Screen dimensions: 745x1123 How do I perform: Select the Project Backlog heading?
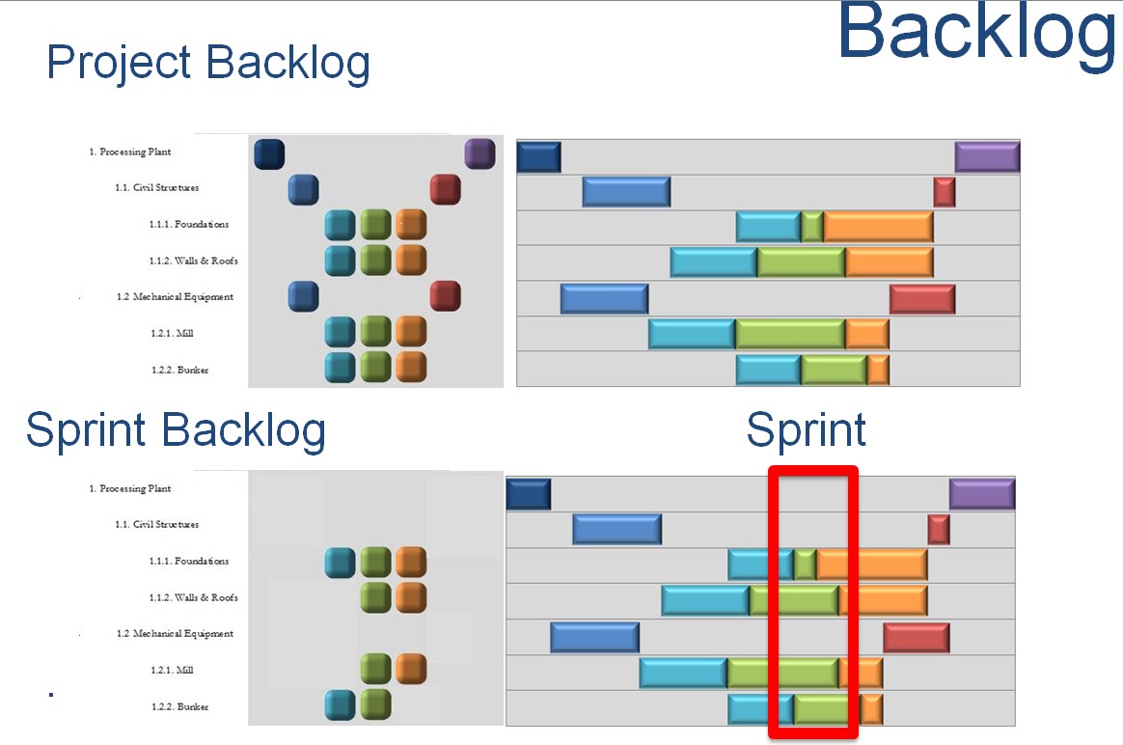click(x=208, y=64)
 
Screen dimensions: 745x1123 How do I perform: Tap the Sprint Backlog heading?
click(x=176, y=430)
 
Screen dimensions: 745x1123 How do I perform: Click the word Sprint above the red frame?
click(x=807, y=430)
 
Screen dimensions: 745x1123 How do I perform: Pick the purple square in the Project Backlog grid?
click(x=479, y=153)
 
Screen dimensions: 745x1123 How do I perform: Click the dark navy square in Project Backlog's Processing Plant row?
click(x=269, y=153)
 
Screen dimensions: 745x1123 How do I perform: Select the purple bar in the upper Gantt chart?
click(x=987, y=156)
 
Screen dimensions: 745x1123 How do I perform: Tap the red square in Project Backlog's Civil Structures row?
click(x=445, y=189)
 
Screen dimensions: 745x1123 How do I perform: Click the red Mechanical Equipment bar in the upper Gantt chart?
click(x=922, y=299)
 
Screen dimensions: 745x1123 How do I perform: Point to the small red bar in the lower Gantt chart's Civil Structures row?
click(x=939, y=529)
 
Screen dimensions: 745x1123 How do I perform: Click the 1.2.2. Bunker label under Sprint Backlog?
click(x=179, y=707)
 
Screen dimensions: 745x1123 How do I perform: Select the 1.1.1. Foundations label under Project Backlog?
click(x=189, y=225)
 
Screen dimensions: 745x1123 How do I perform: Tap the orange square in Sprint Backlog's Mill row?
click(x=411, y=669)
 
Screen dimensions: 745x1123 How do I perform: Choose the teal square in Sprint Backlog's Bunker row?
click(x=341, y=704)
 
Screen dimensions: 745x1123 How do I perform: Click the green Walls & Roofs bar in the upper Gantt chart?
click(x=801, y=262)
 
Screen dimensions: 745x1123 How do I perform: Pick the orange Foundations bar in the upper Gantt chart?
click(x=878, y=227)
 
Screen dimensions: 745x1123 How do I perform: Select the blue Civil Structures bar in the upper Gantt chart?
click(x=626, y=191)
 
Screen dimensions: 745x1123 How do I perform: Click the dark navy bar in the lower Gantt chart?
click(x=529, y=494)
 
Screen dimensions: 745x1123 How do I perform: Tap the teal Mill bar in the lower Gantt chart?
click(x=683, y=674)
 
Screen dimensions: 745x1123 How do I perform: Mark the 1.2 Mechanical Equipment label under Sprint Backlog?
click(x=175, y=634)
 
